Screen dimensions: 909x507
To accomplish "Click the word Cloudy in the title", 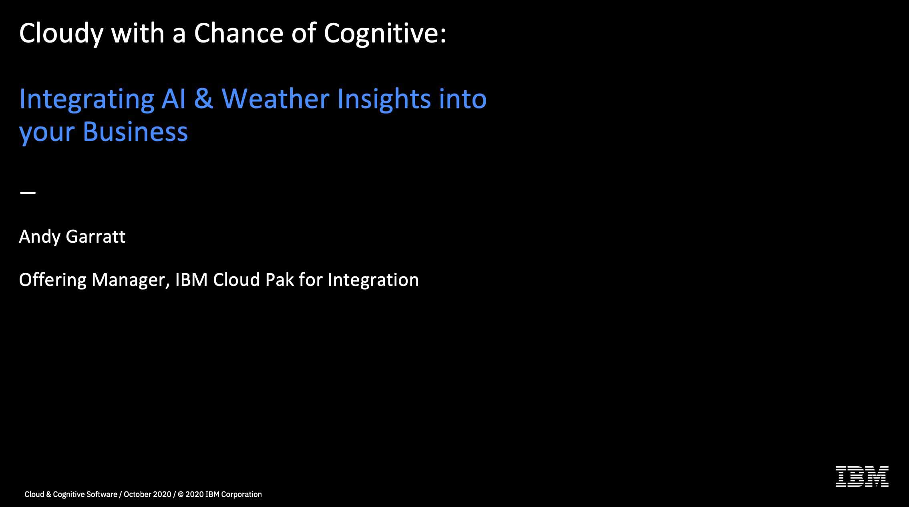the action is pyautogui.click(x=61, y=34).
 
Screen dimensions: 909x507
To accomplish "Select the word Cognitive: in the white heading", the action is pyautogui.click(x=385, y=34).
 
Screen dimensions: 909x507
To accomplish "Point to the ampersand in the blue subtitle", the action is pyautogui.click(x=204, y=99).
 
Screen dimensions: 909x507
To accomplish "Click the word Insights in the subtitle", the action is pyautogui.click(x=384, y=99).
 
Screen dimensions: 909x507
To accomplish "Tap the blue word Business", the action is pyautogui.click(x=135, y=132).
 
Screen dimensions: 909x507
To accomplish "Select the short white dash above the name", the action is pyautogui.click(x=28, y=193).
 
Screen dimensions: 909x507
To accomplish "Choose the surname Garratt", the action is pyautogui.click(x=96, y=236).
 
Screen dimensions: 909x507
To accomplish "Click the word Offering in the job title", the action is pyautogui.click(x=52, y=280).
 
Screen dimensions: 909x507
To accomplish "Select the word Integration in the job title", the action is pyautogui.click(x=373, y=280).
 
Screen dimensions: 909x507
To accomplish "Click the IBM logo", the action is pyautogui.click(x=862, y=477).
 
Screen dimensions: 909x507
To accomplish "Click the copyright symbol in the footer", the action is pyautogui.click(x=181, y=495).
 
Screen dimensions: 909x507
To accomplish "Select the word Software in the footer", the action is pyautogui.click(x=102, y=495).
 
